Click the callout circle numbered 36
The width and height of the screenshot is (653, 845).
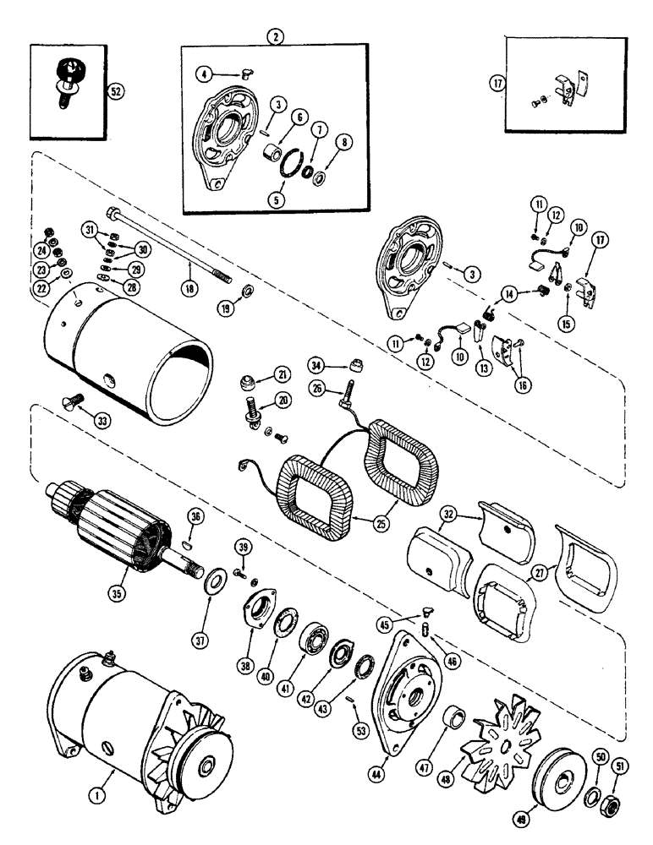(195, 521)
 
